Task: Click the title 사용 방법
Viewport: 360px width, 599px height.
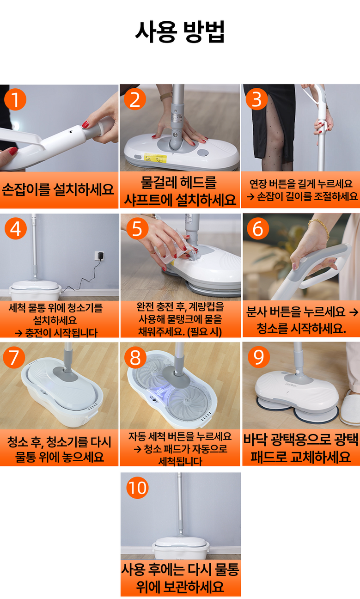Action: pos(180,32)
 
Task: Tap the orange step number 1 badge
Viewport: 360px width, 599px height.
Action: pos(15,99)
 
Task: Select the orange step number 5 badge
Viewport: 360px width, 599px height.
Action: pos(137,229)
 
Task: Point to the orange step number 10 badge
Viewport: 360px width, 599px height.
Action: pos(137,488)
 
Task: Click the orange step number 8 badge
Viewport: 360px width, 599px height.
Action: pos(135,357)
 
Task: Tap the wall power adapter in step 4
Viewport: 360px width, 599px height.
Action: pos(100,256)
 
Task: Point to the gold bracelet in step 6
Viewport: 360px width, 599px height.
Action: pos(320,228)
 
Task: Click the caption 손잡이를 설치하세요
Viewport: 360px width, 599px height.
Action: pos(58,189)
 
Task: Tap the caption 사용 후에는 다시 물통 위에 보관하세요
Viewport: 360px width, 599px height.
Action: pos(180,578)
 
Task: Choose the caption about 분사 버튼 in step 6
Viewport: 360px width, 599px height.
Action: pos(302,320)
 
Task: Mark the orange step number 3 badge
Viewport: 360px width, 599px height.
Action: pos(257,99)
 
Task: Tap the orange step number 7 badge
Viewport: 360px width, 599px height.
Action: pos(14,357)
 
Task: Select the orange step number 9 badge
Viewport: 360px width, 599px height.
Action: pos(259,357)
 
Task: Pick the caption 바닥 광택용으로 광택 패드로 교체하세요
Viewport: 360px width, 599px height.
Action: pos(301,448)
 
